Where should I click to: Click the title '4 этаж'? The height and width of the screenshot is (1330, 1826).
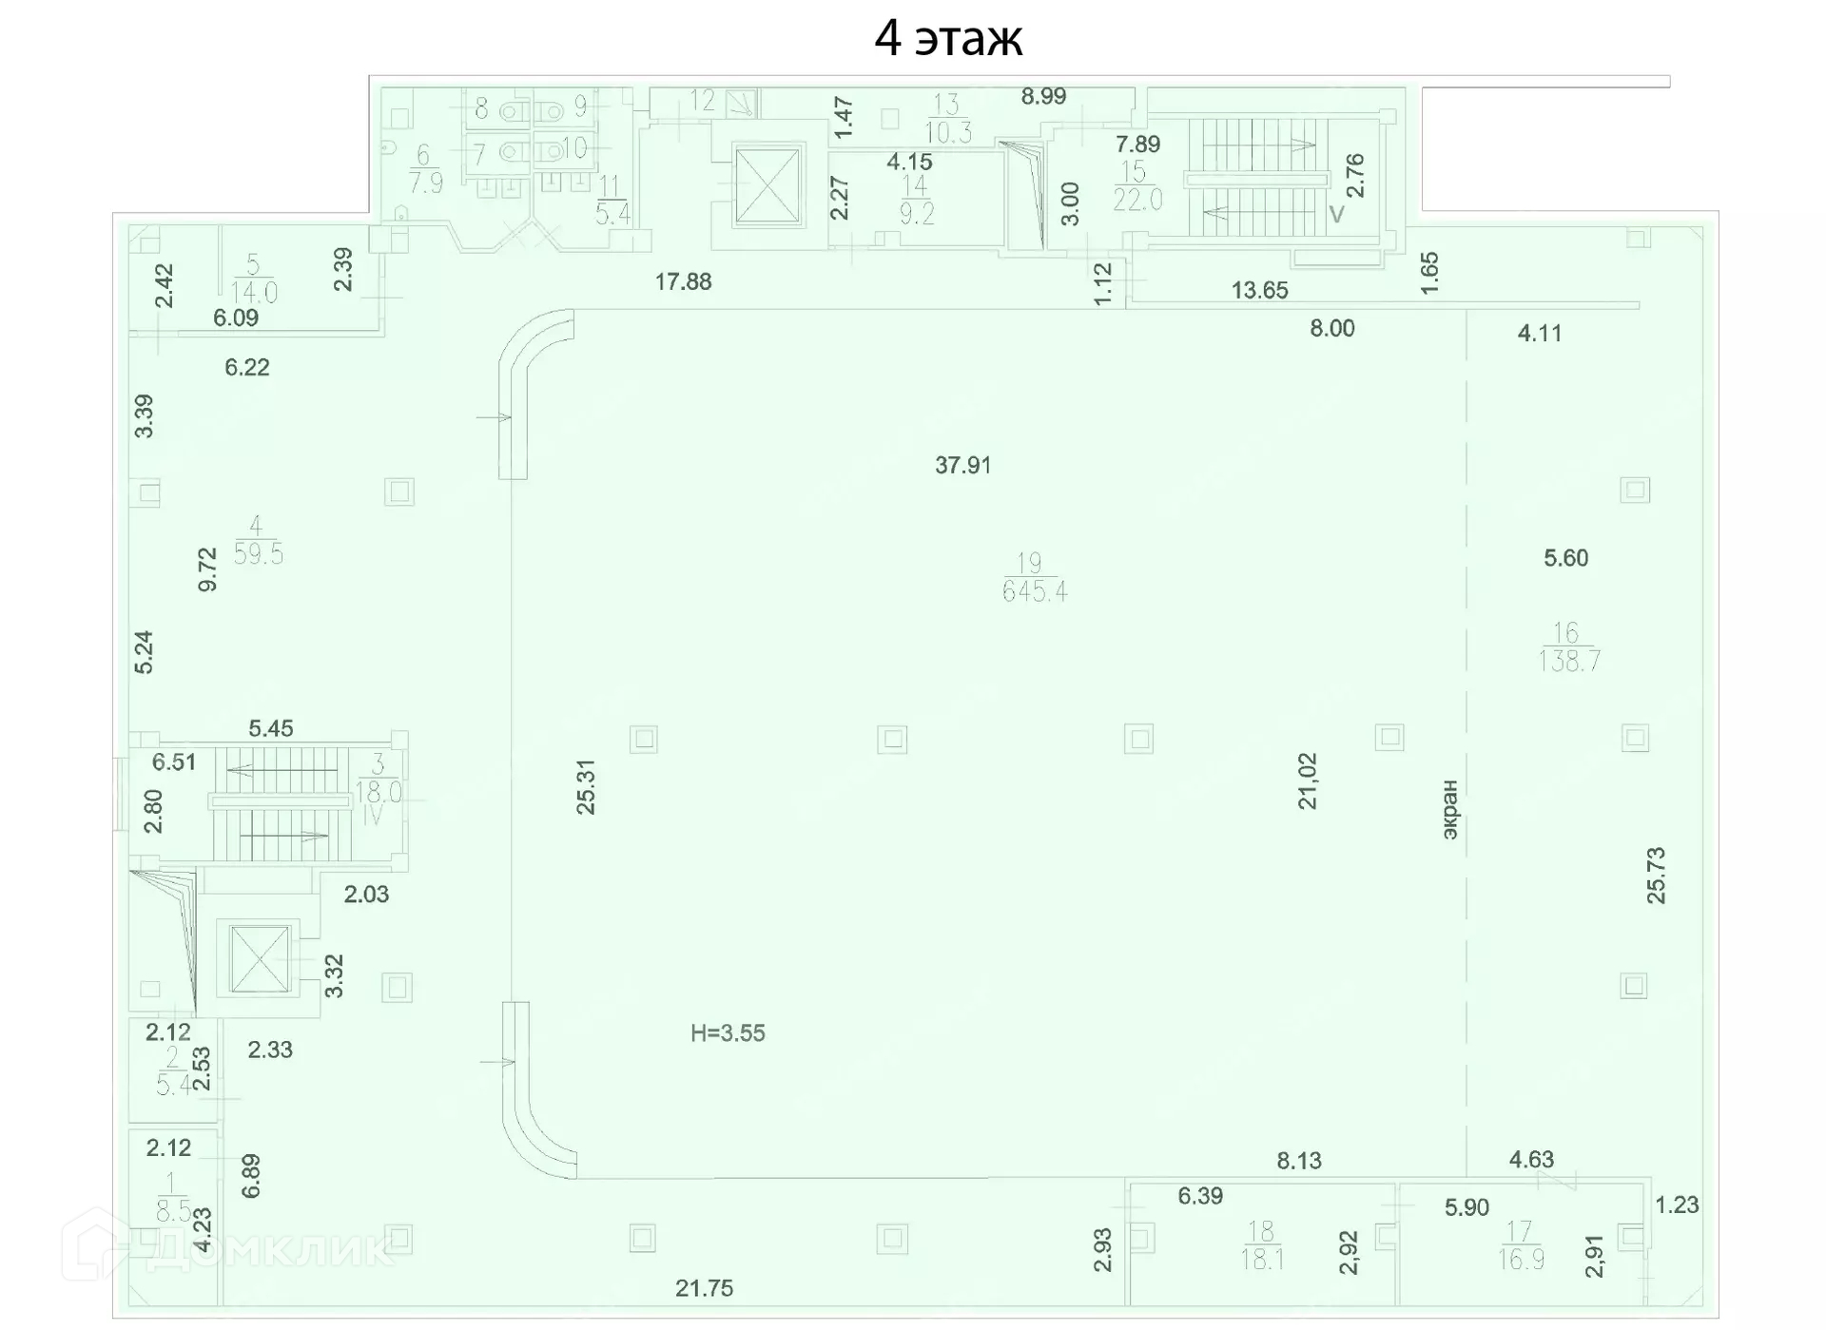coord(948,39)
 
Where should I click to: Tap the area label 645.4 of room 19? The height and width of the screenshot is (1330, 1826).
coord(1035,591)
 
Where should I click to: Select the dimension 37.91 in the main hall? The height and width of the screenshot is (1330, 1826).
coord(962,465)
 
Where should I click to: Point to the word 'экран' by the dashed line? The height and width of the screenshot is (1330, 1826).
coord(1449,809)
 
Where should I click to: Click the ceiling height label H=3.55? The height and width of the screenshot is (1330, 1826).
coord(728,1033)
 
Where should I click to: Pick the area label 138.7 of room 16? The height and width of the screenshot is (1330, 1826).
coord(1569,661)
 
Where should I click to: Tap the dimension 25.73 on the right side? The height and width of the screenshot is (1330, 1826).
coord(1656,875)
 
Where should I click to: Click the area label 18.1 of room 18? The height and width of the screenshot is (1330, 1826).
coord(1262,1260)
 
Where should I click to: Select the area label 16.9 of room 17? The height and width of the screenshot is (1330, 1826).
coord(1521,1260)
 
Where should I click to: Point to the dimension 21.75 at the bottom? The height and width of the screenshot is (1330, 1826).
coord(704,1288)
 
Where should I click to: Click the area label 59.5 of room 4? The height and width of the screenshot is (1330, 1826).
coord(258,553)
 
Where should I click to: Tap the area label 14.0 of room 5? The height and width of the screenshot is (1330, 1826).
coord(254,292)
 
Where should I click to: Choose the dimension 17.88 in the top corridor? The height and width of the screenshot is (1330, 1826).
coord(683,281)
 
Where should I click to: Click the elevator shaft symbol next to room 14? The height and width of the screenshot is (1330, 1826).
coord(767,185)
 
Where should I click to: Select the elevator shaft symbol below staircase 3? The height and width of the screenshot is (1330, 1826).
coord(260,957)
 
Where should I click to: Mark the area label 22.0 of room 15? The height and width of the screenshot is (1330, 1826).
coord(1137,199)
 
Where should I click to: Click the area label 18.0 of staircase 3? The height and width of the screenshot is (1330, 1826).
coord(379,792)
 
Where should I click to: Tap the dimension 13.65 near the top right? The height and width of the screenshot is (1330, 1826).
coord(1259,290)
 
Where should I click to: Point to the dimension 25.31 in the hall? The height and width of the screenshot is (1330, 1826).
coord(586,786)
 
